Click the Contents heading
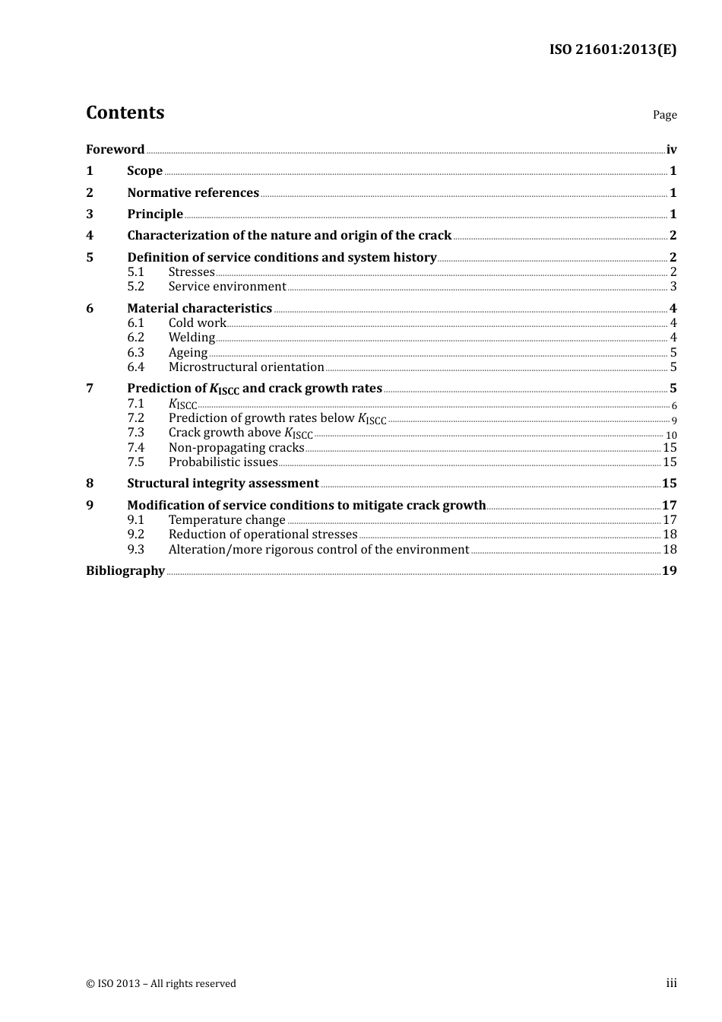pyautogui.click(x=125, y=113)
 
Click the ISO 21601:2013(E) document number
pyautogui.click(x=613, y=49)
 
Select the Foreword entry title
pyautogui.click(x=115, y=150)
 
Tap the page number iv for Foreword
pyautogui.click(x=671, y=150)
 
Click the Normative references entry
pyautogui.click(x=193, y=193)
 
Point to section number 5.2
pyautogui.click(x=135, y=287)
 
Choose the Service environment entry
pyautogui.click(x=227, y=287)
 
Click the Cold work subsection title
pyautogui.click(x=198, y=323)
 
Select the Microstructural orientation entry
pyautogui.click(x=246, y=367)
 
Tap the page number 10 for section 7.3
pyautogui.click(x=671, y=436)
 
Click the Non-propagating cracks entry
pyautogui.click(x=236, y=448)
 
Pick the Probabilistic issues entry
pyautogui.click(x=223, y=462)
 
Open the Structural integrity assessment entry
pyautogui.click(x=223, y=484)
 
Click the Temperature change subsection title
pyautogui.click(x=227, y=520)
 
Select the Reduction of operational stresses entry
pyautogui.click(x=263, y=535)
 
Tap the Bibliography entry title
pyautogui.click(x=125, y=571)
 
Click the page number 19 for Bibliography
pyautogui.click(x=669, y=571)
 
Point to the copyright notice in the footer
pyautogui.click(x=161, y=984)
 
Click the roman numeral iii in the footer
pyautogui.click(x=671, y=983)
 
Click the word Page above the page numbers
pyautogui.click(x=664, y=115)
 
